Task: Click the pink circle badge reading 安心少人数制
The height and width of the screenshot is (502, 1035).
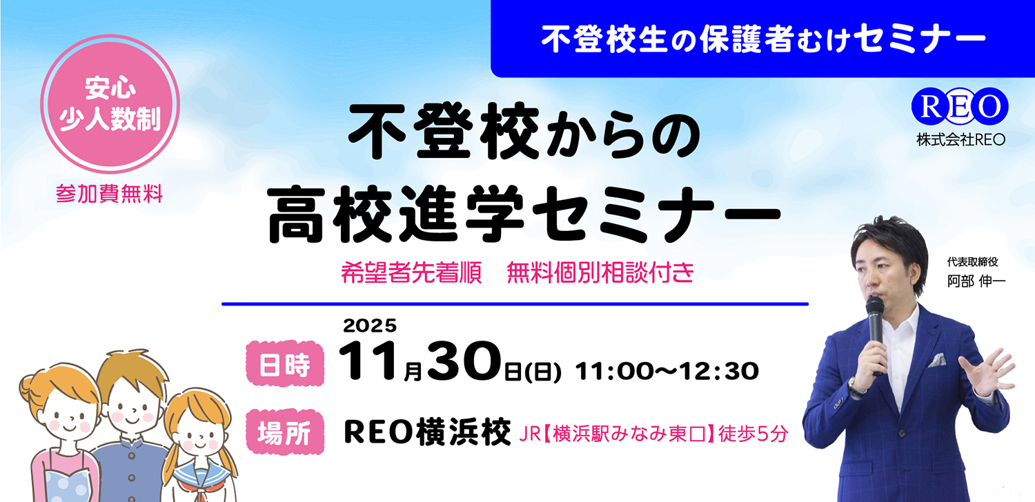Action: click(x=111, y=104)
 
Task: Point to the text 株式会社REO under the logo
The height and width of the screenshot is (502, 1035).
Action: click(x=960, y=139)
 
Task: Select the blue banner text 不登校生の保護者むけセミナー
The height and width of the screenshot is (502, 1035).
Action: click(x=763, y=41)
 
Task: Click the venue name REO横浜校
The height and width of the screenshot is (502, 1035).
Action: click(x=427, y=433)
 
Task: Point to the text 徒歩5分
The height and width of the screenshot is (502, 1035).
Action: click(x=753, y=434)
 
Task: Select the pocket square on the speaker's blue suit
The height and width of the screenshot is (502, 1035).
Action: click(x=936, y=360)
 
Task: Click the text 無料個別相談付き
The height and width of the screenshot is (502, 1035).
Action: click(x=600, y=273)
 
